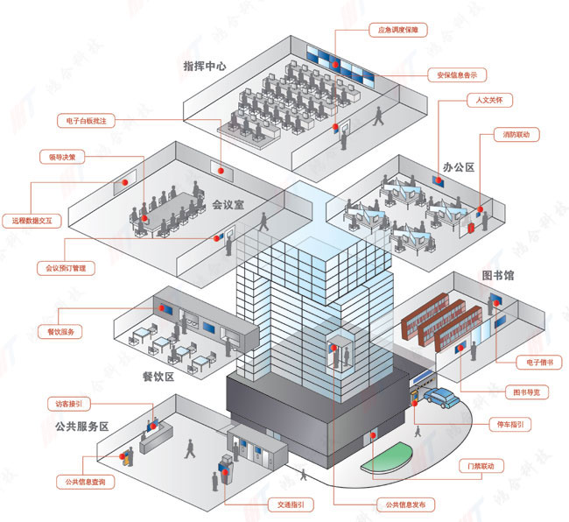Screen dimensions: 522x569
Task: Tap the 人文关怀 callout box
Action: tap(487, 100)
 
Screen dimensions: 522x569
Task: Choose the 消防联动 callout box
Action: tap(515, 135)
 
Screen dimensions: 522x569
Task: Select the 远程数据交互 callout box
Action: tap(32, 221)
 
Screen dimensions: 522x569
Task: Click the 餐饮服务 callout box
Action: tap(60, 331)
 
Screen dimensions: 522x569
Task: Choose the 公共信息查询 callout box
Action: tap(84, 482)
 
